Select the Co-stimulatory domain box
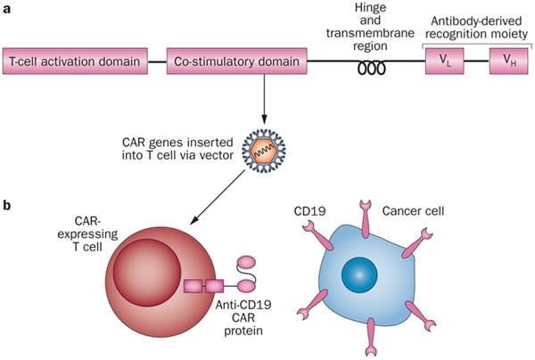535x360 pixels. point(235,62)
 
